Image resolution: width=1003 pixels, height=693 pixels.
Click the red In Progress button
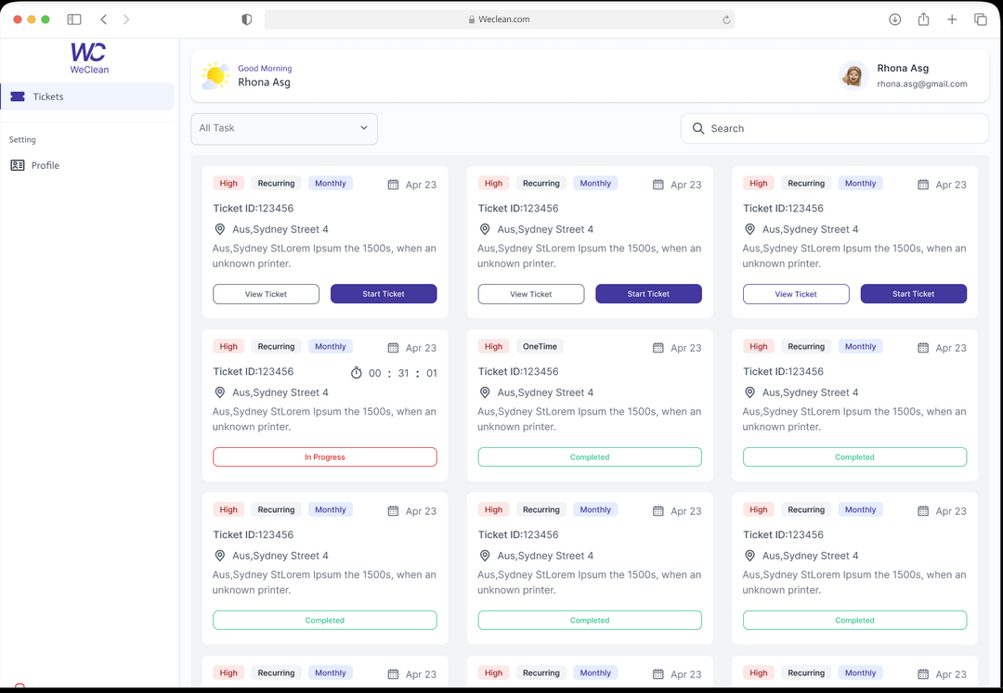click(324, 457)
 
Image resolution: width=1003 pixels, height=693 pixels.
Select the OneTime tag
click(540, 347)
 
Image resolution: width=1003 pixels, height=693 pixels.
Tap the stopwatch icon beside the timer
click(356, 373)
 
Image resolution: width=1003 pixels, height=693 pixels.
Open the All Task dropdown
click(284, 128)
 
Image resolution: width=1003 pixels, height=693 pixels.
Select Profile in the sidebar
click(46, 165)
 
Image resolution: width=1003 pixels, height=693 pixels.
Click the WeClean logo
click(89, 58)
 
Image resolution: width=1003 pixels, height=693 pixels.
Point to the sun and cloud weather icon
click(215, 76)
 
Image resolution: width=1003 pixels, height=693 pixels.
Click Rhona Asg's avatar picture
click(853, 75)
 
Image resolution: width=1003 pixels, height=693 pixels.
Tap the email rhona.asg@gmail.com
click(921, 83)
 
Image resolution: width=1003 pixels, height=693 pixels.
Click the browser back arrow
click(103, 19)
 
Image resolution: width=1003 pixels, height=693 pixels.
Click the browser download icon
click(895, 19)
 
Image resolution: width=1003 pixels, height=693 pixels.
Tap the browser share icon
click(923, 19)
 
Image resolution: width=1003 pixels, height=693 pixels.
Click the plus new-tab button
click(952, 19)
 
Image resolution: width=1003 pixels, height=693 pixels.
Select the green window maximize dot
click(46, 19)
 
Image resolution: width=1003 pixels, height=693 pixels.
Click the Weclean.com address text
click(503, 19)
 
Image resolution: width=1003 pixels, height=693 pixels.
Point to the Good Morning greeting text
click(265, 69)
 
